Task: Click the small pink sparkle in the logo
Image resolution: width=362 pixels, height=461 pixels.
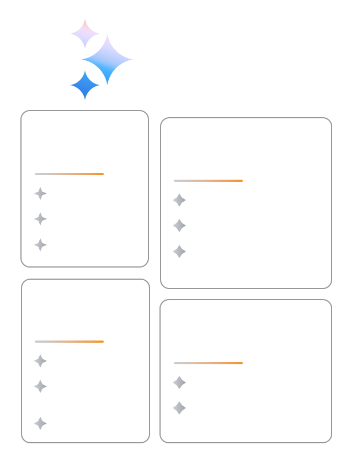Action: [x=85, y=33]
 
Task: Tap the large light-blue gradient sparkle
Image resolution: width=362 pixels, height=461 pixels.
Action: [x=107, y=59]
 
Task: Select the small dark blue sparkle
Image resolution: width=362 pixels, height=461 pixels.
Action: [x=85, y=85]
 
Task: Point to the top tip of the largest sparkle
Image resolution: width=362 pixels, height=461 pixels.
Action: [x=107, y=35]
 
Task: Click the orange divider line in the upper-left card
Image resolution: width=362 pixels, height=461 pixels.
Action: [x=69, y=174]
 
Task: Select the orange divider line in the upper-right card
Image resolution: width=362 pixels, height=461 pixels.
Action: [x=208, y=181]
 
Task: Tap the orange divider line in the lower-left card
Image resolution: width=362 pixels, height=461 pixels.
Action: [x=69, y=342]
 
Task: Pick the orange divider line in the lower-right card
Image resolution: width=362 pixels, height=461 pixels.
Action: [x=208, y=363]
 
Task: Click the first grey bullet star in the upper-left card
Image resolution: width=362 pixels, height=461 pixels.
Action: [x=40, y=193]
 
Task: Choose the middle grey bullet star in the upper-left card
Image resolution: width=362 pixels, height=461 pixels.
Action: [x=40, y=219]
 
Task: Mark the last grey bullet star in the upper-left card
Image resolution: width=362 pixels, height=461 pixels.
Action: [x=40, y=245]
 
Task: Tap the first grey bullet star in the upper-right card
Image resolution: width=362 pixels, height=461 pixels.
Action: [x=179, y=200]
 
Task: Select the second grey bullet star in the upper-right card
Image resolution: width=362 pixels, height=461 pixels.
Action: [x=179, y=226]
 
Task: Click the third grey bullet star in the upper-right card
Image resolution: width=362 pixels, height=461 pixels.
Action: [x=179, y=252]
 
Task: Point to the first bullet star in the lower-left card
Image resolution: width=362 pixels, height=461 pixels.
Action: [x=40, y=361]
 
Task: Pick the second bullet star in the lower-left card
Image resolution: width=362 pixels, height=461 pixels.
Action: [x=40, y=386]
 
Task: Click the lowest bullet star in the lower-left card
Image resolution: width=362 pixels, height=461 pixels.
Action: [x=40, y=423]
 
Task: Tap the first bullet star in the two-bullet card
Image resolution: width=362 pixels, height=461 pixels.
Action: [x=179, y=383]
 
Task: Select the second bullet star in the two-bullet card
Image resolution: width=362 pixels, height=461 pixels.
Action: [x=179, y=408]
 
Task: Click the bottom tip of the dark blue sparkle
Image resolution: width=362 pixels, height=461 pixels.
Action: [x=85, y=99]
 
